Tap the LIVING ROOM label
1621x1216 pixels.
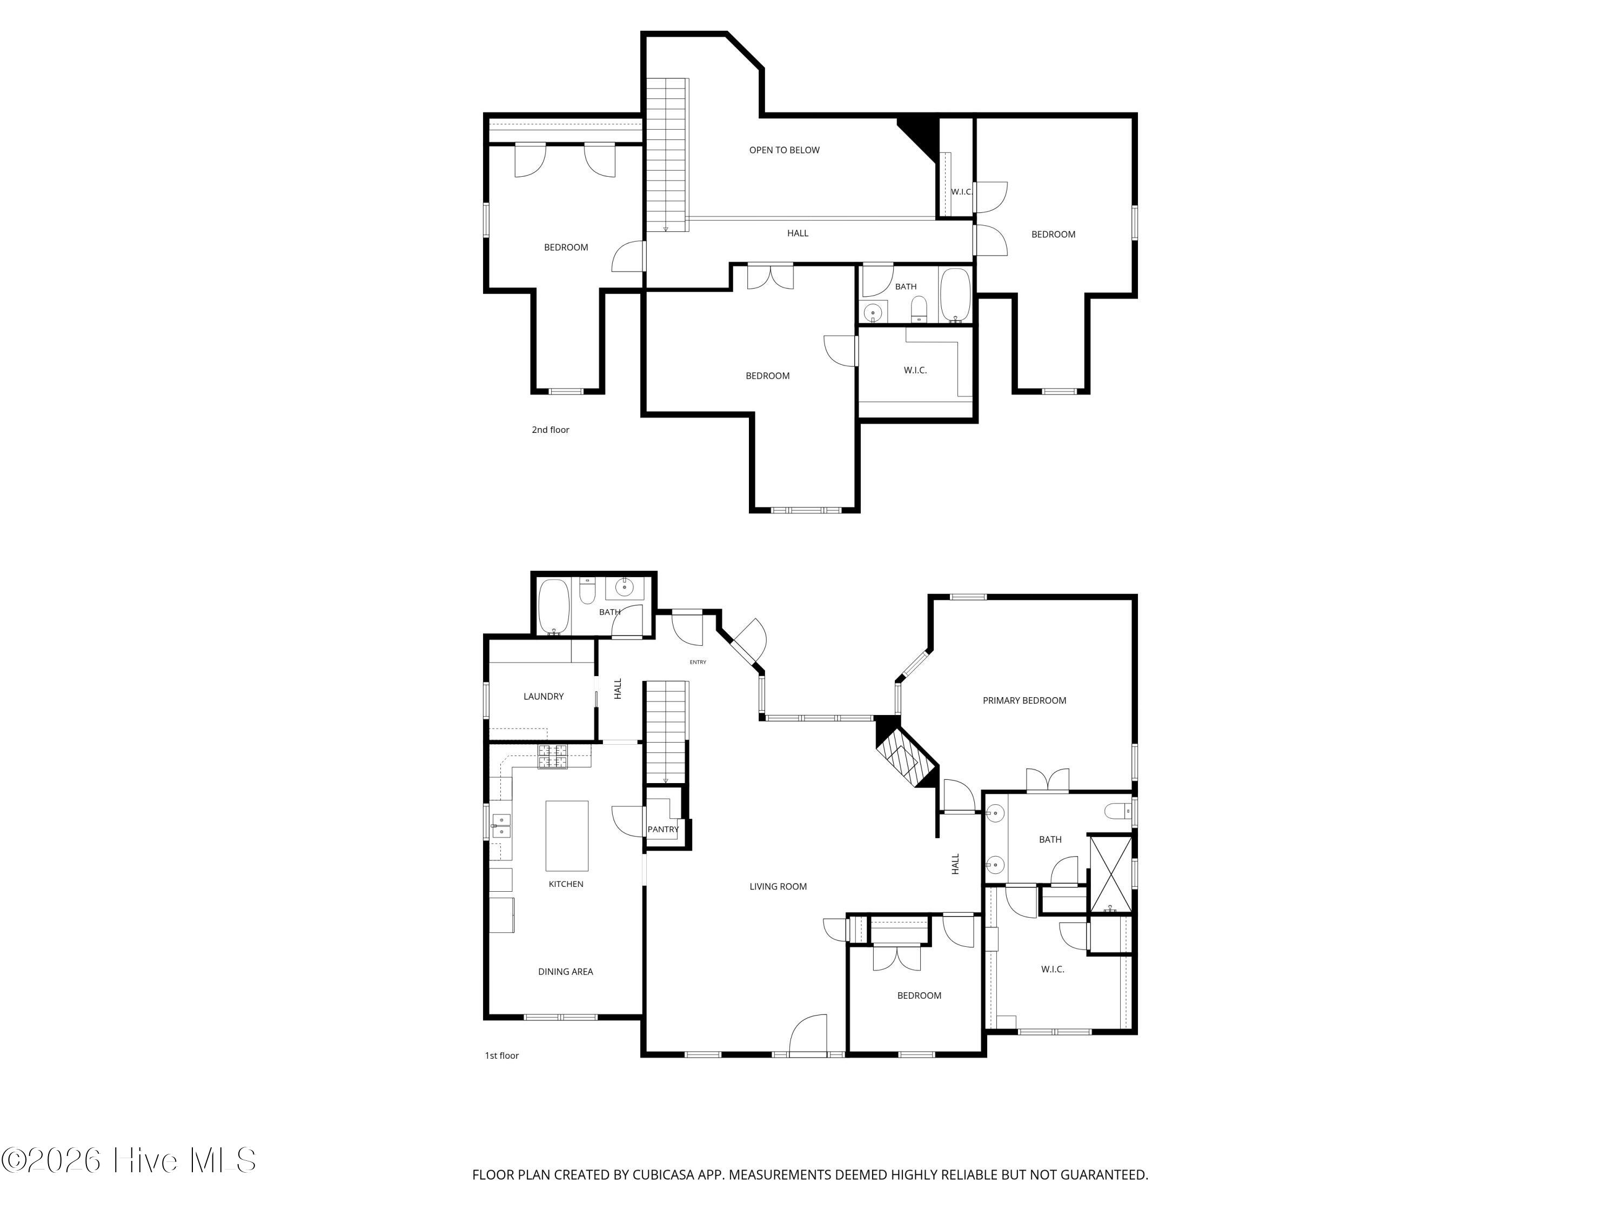click(778, 887)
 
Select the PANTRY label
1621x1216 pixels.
click(662, 830)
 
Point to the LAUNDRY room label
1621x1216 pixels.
click(543, 696)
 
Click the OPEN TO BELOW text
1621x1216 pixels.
click(784, 150)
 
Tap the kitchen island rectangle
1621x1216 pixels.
click(566, 836)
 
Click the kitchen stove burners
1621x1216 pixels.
click(553, 757)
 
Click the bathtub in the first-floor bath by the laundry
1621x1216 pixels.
click(554, 607)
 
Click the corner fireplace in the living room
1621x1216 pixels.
click(907, 753)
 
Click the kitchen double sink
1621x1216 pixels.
click(500, 826)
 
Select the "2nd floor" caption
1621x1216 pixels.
click(551, 430)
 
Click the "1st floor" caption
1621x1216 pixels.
click(501, 1055)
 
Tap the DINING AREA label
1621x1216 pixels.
click(565, 972)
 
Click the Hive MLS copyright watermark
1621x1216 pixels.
click(129, 1160)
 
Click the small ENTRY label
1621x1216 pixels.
click(698, 663)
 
